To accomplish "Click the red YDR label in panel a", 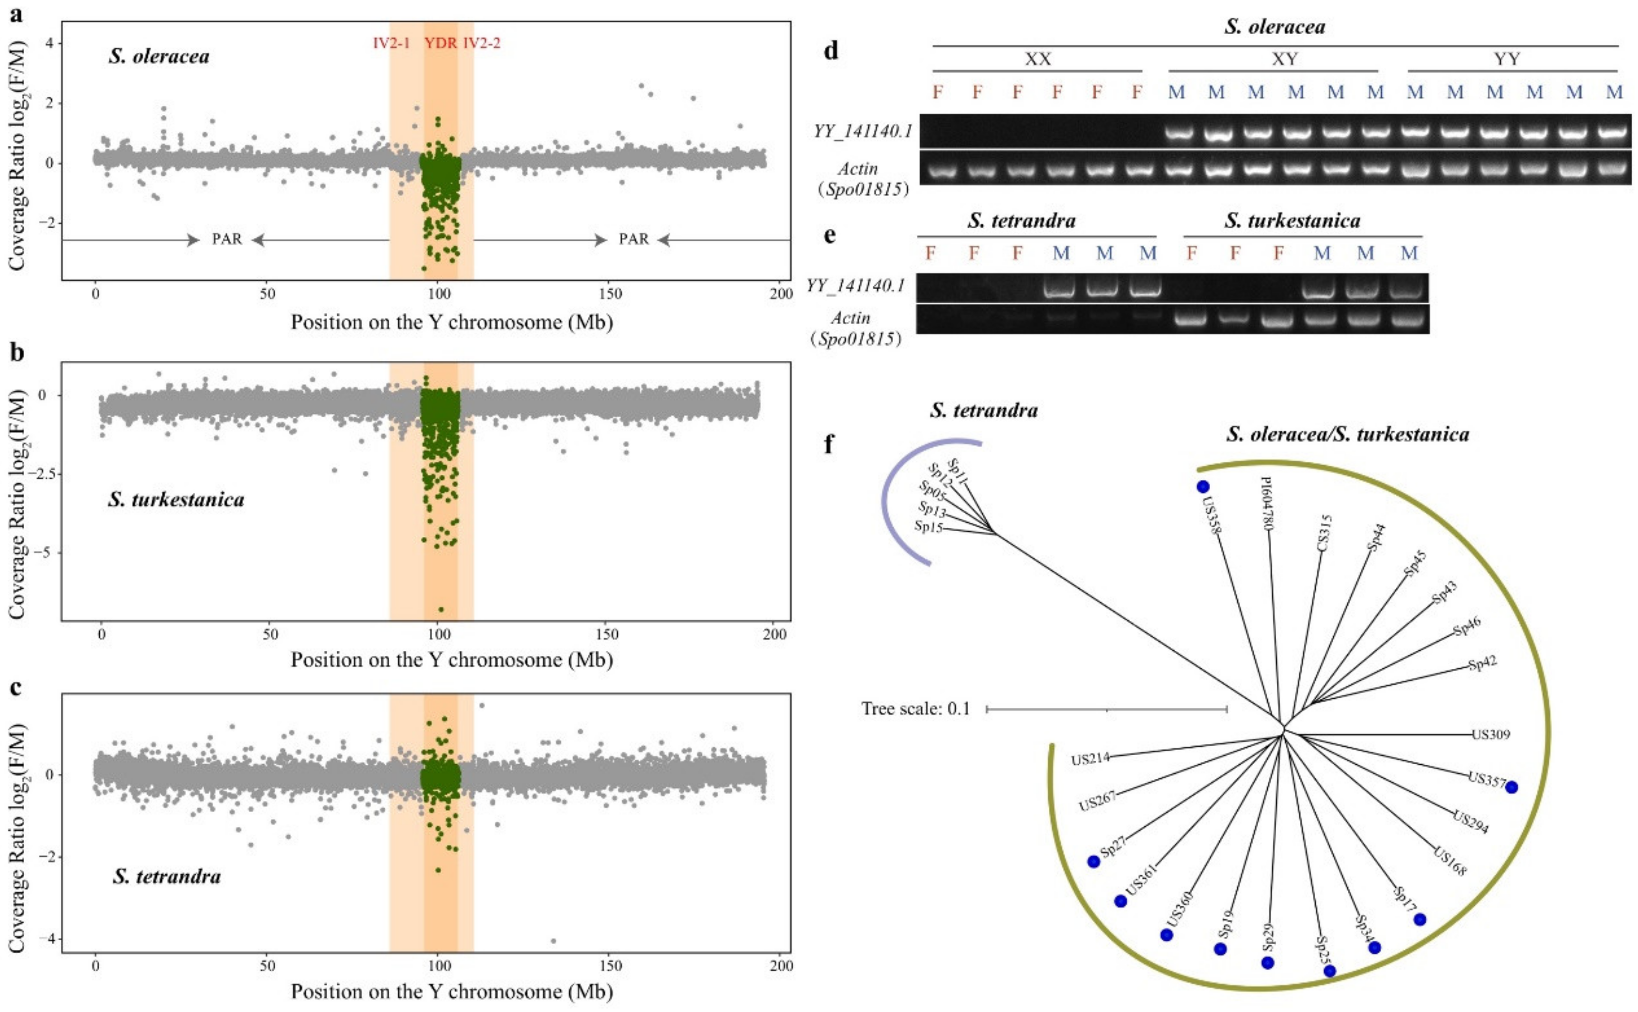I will tap(441, 44).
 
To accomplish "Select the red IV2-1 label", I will tap(392, 44).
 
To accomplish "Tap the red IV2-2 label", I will tap(482, 44).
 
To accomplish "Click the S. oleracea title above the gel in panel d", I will tap(1274, 27).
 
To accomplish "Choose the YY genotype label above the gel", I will tap(1507, 59).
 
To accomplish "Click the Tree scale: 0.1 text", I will tap(916, 709).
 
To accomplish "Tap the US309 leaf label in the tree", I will tap(1491, 735).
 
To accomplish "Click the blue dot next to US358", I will tap(1203, 487).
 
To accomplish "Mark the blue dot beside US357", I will tap(1512, 787).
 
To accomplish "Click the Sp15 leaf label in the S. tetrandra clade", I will tap(929, 527).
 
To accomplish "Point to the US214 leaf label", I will tap(1090, 759).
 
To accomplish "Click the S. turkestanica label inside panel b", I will tap(176, 500).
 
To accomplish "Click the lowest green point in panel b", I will tap(441, 609).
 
